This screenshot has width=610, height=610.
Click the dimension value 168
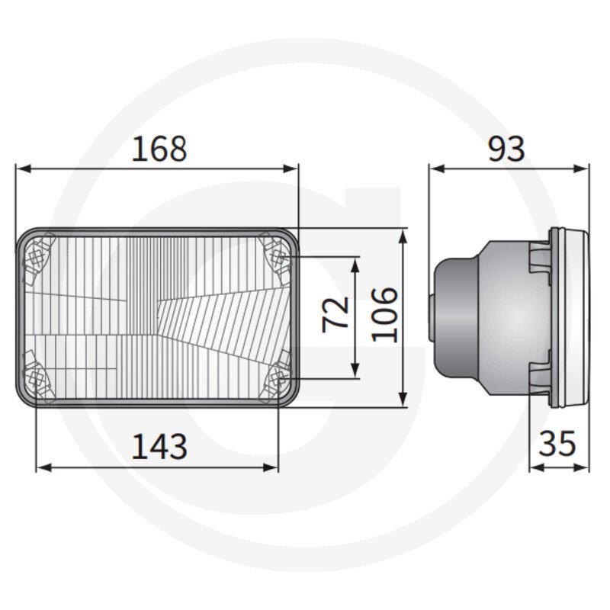pos(159,149)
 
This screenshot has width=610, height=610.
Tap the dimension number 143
pos(159,446)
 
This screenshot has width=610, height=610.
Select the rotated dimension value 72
pos(335,314)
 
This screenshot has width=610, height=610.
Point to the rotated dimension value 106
pos(385,315)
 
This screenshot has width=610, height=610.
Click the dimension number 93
pos(506,149)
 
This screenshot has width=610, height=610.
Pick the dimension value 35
pos(557,444)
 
